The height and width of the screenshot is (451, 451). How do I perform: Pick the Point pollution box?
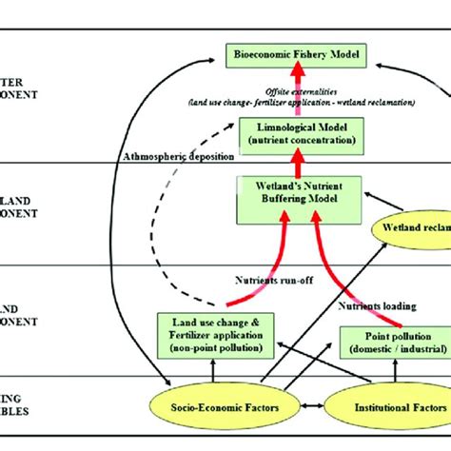[394, 343]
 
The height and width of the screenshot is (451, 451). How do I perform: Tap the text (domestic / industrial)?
[394, 349]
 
